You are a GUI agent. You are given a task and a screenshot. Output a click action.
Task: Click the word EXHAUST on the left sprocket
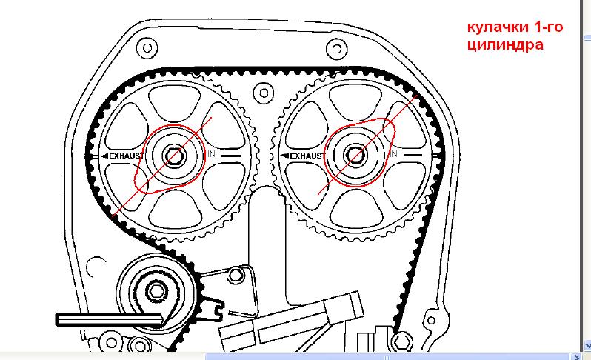pos(127,156)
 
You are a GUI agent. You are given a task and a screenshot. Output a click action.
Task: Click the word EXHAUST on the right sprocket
pos(307,156)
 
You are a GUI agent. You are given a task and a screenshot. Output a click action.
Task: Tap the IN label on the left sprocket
pos(212,153)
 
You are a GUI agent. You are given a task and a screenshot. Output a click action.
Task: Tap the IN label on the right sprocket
pos(393,153)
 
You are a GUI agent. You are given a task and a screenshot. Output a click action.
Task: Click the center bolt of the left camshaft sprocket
pos(174,156)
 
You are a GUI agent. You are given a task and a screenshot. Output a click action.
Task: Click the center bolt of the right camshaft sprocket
pos(355,156)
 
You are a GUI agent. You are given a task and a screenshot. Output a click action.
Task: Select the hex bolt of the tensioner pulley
pos(156,290)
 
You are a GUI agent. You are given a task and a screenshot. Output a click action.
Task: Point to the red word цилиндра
pos(505,45)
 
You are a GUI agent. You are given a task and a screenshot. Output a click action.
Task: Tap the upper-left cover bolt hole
pos(147,48)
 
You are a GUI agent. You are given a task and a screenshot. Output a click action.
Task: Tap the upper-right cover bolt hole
pos(336,49)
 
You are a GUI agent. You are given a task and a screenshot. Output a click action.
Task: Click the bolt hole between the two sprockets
pos(264,93)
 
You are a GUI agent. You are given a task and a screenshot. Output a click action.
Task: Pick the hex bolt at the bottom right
pos(402,342)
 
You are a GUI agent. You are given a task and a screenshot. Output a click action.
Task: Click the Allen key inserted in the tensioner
pos(110,319)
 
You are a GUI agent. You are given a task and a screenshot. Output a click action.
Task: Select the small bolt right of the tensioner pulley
pos(236,275)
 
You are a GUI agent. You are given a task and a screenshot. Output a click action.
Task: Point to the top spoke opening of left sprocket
pos(174,103)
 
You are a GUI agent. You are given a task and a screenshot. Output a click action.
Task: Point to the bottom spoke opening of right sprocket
pos(355,207)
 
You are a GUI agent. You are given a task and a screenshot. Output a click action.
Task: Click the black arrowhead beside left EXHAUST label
pos(104,156)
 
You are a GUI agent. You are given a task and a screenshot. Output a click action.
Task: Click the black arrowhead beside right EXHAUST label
pos(285,156)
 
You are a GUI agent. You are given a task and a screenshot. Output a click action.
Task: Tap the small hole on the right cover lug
pos(430,321)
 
